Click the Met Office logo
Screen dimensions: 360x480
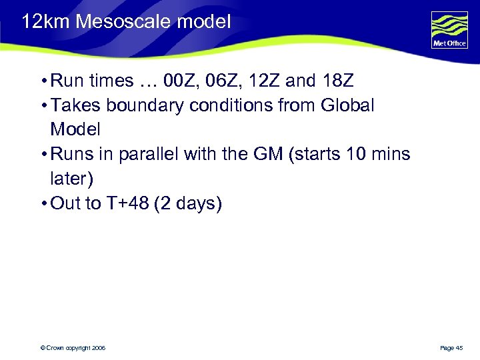449,30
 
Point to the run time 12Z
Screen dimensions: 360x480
265,81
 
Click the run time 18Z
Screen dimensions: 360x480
337,81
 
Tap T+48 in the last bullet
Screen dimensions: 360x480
127,203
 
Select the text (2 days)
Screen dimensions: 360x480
187,203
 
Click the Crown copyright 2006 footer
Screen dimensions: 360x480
73,348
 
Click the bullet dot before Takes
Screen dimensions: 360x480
42,105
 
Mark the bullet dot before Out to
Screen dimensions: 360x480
42,203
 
